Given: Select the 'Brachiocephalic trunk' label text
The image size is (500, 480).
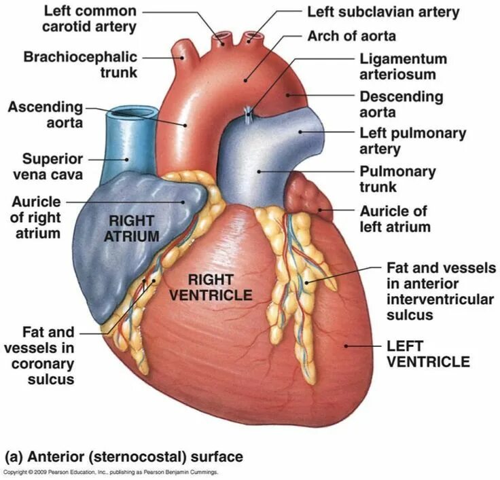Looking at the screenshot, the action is pos(80,64).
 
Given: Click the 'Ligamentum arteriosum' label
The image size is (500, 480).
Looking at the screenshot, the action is pos(403,67).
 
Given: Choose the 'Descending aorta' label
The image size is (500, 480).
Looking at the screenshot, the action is pos(401,105).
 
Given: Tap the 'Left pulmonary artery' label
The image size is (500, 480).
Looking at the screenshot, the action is pos(412,141).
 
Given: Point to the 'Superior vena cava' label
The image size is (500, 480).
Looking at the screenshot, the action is pos(52,166).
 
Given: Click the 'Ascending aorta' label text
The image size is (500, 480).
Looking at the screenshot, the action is pos(45,115).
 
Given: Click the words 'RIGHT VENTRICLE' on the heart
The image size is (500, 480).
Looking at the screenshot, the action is pos(211,287).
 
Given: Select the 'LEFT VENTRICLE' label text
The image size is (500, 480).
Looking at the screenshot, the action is pos(427,353).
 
